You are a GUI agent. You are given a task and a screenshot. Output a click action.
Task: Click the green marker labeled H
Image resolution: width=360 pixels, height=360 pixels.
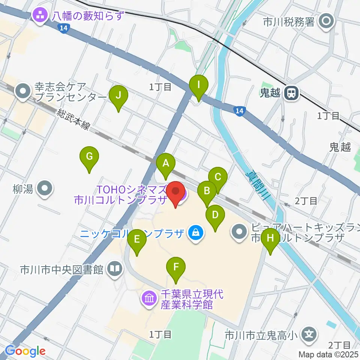[270, 238]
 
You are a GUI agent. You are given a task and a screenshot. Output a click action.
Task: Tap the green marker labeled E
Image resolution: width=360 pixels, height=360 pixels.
[137, 239]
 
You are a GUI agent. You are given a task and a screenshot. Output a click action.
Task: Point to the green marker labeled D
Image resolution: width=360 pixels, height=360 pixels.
[215, 215]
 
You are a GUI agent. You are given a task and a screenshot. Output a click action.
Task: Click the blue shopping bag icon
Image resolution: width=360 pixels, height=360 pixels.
[196, 233]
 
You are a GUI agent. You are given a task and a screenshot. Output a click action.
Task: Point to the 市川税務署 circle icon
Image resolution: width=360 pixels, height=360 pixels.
[327, 21]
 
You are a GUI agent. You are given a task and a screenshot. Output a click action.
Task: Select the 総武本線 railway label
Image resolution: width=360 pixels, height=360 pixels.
[74, 120]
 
